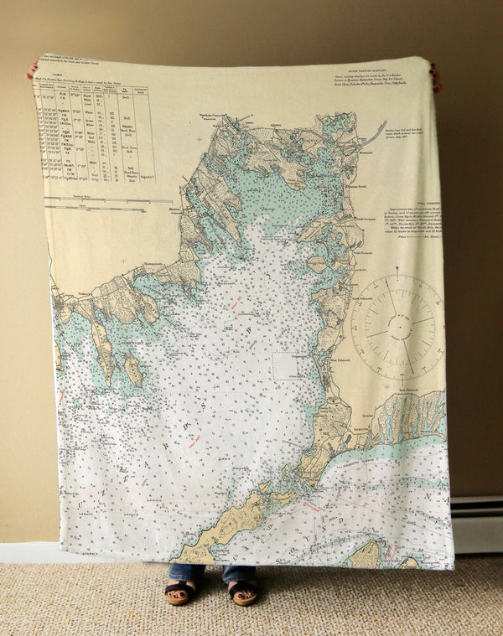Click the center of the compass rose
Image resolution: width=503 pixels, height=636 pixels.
[x=397, y=323]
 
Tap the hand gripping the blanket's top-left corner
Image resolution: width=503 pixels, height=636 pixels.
[x=33, y=67]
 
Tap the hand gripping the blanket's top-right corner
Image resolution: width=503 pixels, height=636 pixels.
[x=435, y=76]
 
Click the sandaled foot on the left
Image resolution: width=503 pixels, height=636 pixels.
[x=178, y=593]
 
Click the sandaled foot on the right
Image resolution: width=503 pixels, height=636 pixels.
[x=242, y=592]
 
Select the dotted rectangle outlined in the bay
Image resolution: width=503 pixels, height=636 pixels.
[x=285, y=367]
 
